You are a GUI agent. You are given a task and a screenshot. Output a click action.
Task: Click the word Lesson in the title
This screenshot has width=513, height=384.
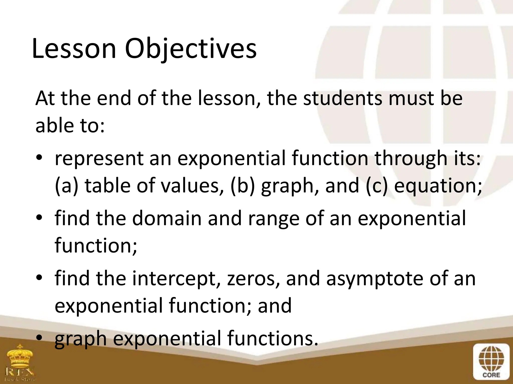pyautogui.click(x=74, y=49)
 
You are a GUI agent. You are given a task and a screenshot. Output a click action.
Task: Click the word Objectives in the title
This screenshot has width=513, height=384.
pyautogui.click(x=191, y=49)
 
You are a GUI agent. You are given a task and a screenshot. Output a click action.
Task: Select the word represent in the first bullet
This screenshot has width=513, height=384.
pyautogui.click(x=99, y=159)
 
